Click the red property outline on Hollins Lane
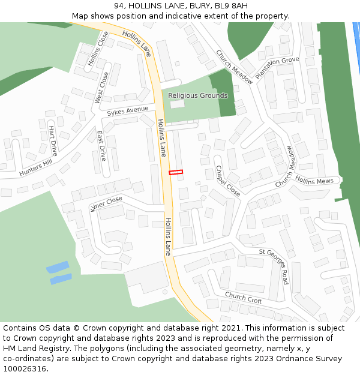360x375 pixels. (x=176, y=173)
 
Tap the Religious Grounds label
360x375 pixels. (x=197, y=96)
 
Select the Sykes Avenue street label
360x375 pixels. (x=127, y=111)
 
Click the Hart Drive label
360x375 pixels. (x=53, y=141)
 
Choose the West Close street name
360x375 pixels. (x=102, y=88)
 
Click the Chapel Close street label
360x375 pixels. (x=228, y=181)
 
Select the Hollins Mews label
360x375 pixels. (x=314, y=181)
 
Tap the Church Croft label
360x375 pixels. (x=243, y=298)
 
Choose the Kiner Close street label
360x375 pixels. (x=106, y=204)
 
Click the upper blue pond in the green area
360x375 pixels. (x=58, y=266)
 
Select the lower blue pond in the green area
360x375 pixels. (x=61, y=279)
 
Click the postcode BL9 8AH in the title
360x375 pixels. (x=230, y=6)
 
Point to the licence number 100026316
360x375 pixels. (x=25, y=368)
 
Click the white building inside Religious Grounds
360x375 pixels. (x=177, y=104)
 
